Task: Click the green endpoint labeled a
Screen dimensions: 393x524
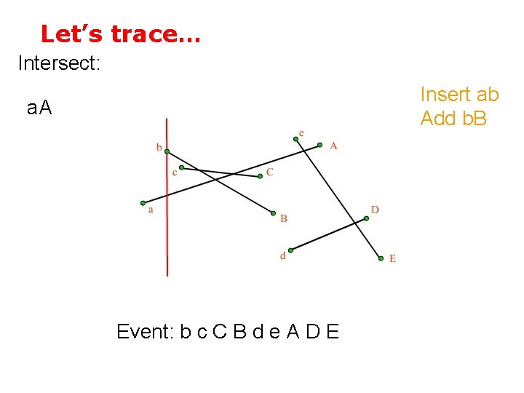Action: click(x=143, y=203)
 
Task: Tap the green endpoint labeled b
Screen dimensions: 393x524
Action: click(x=167, y=151)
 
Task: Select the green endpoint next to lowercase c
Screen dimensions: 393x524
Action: click(x=181, y=167)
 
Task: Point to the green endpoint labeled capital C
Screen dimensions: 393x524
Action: click(x=261, y=176)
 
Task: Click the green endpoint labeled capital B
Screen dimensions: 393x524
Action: click(x=274, y=213)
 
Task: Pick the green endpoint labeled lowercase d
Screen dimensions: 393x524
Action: click(x=290, y=250)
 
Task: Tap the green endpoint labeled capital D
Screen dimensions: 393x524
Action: click(x=366, y=218)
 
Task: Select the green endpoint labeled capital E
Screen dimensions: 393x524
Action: click(x=381, y=258)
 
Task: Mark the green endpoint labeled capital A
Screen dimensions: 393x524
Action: click(x=319, y=146)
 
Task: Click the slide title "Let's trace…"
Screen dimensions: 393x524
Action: click(x=121, y=33)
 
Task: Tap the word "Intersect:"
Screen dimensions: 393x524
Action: click(x=58, y=63)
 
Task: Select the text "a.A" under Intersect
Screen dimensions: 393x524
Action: click(x=39, y=108)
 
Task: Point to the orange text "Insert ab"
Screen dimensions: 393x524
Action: click(x=459, y=95)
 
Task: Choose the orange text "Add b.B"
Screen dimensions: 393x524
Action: click(x=453, y=118)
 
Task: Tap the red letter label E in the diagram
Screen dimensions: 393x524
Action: click(x=392, y=258)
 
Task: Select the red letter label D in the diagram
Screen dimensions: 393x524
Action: click(x=375, y=210)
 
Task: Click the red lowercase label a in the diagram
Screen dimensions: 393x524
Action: click(x=151, y=210)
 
